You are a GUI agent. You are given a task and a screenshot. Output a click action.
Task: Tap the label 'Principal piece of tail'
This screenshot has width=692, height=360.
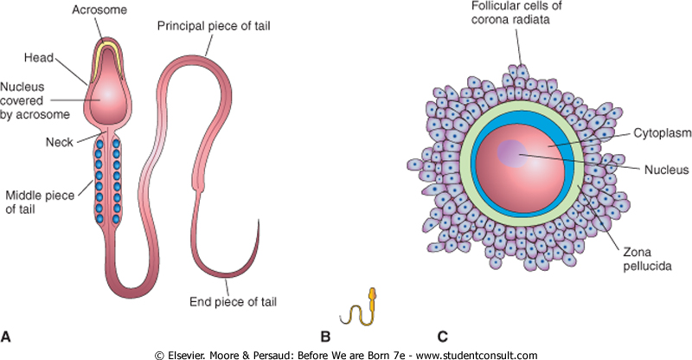(214, 26)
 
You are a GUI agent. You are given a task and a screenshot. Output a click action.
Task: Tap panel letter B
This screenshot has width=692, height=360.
(325, 337)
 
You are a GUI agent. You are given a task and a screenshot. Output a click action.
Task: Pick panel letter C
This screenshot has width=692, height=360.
(442, 337)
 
